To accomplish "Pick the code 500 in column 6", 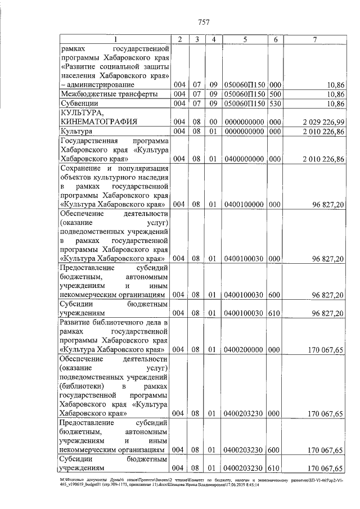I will (276, 94).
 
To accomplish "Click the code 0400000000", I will (245, 159).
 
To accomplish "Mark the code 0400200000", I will (245, 350).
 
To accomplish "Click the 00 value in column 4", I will (214, 121).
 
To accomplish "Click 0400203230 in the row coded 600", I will (245, 451).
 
